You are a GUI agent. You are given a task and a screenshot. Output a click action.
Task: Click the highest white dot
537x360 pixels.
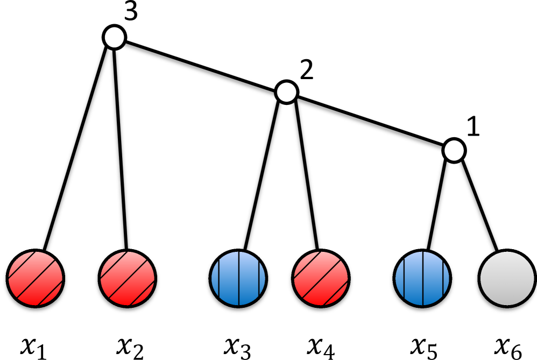coord(114,37)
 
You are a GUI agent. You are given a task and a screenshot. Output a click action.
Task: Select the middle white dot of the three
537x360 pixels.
coord(286,92)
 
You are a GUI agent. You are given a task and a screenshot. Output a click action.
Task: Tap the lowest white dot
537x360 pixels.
coord(454,150)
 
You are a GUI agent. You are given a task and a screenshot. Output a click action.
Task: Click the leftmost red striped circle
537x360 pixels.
coord(36,278)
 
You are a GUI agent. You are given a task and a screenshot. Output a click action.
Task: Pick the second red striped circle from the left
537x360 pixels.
coord(128,278)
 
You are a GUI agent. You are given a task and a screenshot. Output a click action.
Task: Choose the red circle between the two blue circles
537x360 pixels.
coord(321,278)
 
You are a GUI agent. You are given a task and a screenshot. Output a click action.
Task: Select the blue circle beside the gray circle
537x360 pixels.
coord(422,278)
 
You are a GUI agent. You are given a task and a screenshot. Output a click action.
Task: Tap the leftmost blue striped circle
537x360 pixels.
coord(238,278)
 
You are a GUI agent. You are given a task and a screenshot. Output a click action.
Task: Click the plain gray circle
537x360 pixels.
coord(507,278)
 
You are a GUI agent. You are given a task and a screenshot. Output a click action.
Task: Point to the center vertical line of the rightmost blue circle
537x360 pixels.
coord(423,278)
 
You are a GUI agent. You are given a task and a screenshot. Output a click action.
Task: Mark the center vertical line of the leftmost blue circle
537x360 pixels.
coord(239,278)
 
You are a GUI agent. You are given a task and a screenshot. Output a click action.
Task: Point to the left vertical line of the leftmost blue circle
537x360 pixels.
coord(219,278)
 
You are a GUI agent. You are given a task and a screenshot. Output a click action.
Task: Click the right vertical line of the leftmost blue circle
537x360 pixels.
coord(259,278)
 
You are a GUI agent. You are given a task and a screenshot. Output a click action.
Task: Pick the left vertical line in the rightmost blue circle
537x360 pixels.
coord(404,278)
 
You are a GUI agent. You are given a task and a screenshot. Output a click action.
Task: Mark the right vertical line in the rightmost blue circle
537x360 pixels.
coord(443,278)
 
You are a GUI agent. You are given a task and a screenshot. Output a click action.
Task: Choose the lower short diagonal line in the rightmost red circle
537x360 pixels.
coord(335,293)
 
